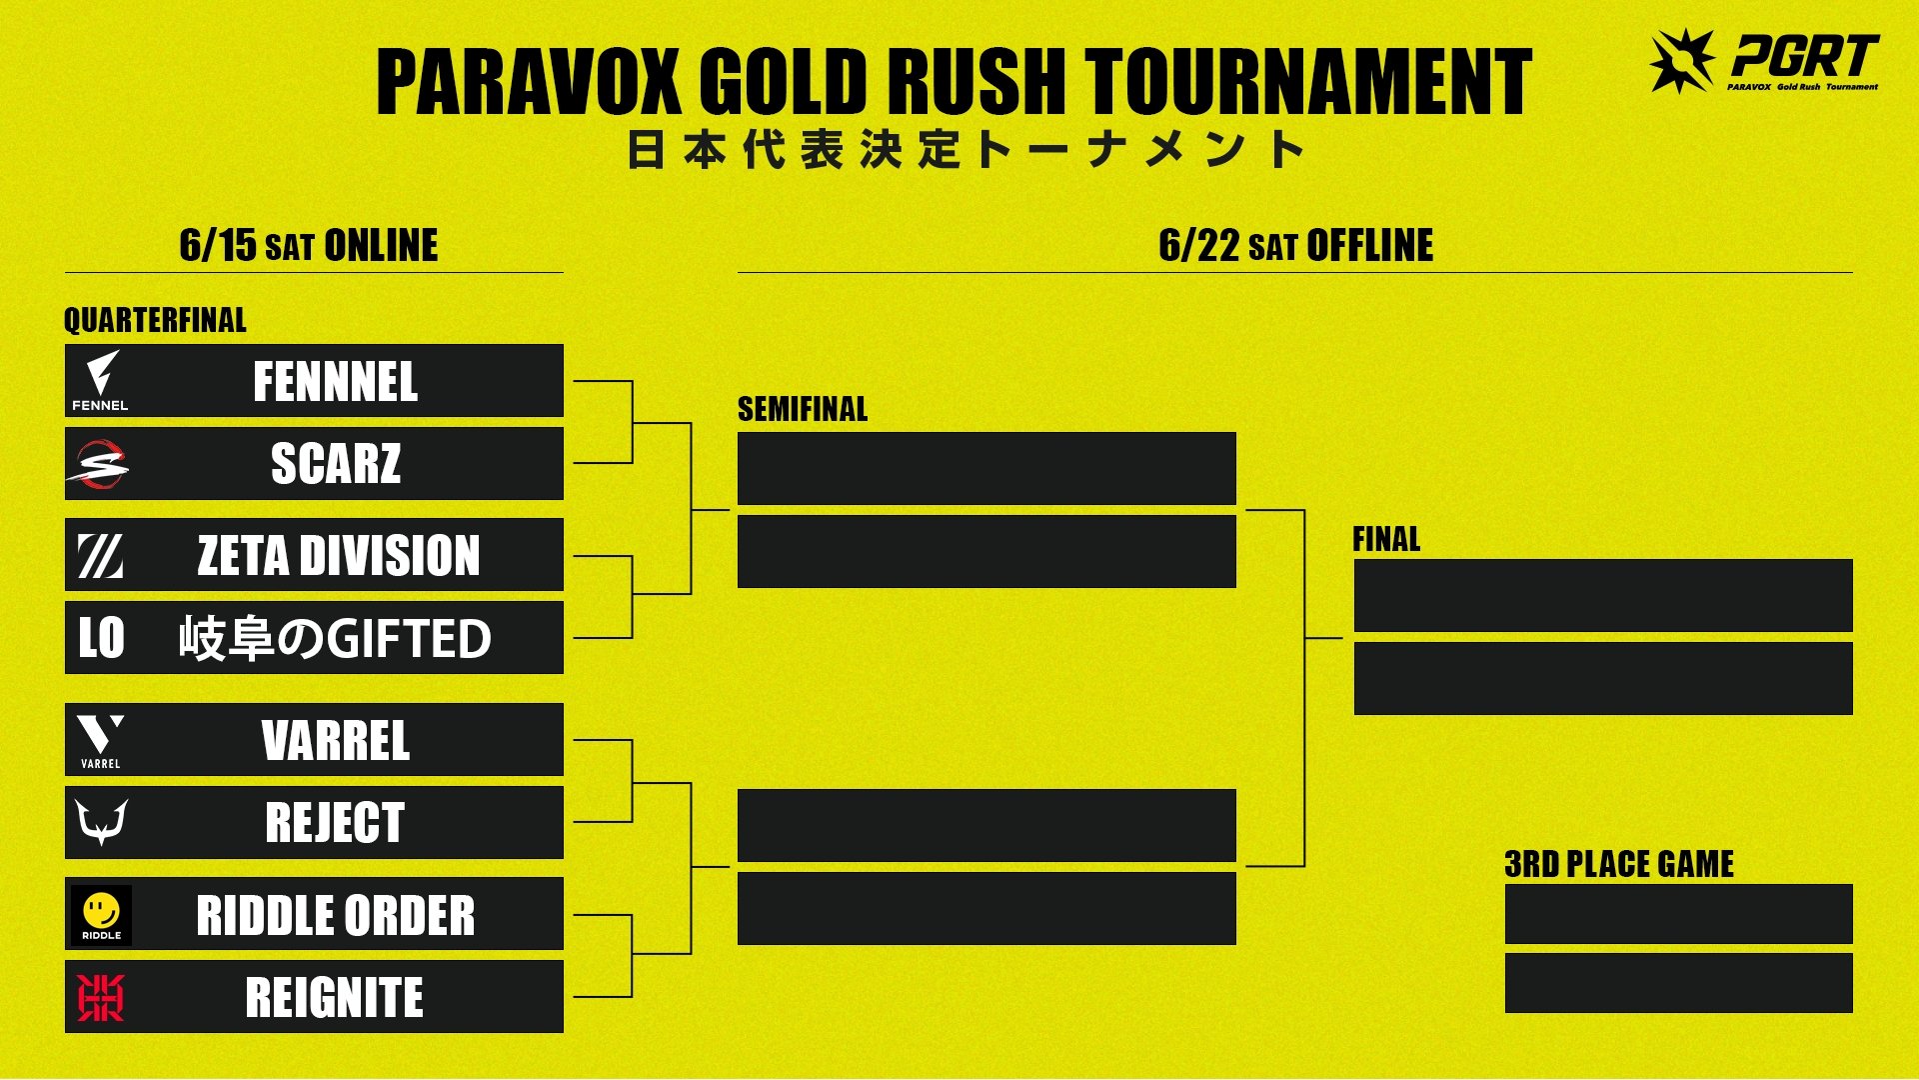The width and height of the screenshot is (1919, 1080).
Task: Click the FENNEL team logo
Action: pyautogui.click(x=100, y=381)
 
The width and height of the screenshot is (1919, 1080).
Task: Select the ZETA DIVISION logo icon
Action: pyautogui.click(x=101, y=556)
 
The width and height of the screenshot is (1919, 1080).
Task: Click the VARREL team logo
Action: pyautogui.click(x=100, y=741)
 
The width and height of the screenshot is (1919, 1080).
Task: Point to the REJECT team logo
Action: pyautogui.click(x=102, y=822)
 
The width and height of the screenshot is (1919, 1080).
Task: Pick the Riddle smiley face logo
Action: pyautogui.click(x=101, y=915)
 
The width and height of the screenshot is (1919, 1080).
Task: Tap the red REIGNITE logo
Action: pyautogui.click(x=101, y=998)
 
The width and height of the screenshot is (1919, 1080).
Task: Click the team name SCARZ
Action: pyautogui.click(x=336, y=464)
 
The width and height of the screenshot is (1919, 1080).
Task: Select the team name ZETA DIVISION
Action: pyautogui.click(x=339, y=556)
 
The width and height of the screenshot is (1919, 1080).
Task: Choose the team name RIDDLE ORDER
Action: pyautogui.click(x=336, y=915)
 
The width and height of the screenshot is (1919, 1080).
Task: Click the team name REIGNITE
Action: pyautogui.click(x=335, y=998)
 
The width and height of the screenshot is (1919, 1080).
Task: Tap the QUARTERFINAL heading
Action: pyautogui.click(x=155, y=320)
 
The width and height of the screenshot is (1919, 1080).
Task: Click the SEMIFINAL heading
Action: pyautogui.click(x=803, y=409)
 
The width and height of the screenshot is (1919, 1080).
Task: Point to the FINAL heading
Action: pyautogui.click(x=1386, y=539)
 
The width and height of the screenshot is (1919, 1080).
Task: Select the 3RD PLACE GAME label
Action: pyautogui.click(x=1619, y=864)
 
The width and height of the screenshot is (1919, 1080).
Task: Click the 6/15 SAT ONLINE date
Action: pyautogui.click(x=309, y=245)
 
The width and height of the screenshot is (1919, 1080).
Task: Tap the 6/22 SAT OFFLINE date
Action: pyautogui.click(x=1296, y=245)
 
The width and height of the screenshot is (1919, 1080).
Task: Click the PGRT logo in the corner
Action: pyautogui.click(x=1764, y=60)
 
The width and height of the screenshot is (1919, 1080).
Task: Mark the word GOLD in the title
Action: pyautogui.click(x=783, y=81)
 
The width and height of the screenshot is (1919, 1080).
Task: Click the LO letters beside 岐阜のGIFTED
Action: pyautogui.click(x=101, y=638)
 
